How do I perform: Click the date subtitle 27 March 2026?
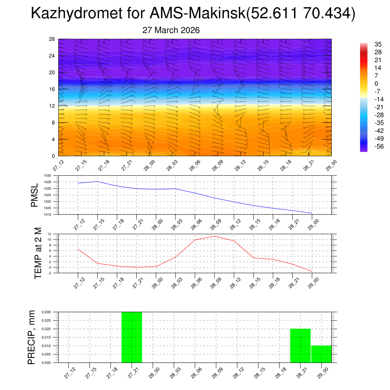point(171,30)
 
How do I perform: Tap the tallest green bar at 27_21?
point(132,337)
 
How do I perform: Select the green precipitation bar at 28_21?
point(300,345)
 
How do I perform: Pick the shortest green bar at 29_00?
point(321,354)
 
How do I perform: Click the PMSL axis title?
point(34,195)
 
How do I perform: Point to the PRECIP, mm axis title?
point(32,337)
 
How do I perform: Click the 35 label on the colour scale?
point(367,45)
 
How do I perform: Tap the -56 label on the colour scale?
point(368,146)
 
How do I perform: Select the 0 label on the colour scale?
point(366,83)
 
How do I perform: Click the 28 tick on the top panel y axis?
point(52,39)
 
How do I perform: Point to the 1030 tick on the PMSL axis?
point(47,176)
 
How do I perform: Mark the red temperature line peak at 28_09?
point(214,236)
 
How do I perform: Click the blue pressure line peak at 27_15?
point(97,182)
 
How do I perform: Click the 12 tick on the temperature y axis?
point(50,234)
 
